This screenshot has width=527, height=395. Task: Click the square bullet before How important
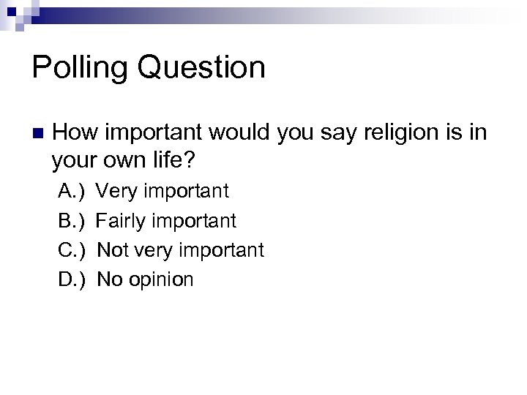point(37,134)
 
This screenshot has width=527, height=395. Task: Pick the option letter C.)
point(72,250)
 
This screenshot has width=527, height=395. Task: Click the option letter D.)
point(72,279)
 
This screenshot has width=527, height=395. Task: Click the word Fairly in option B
point(124,221)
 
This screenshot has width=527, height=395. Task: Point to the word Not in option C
point(113,250)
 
